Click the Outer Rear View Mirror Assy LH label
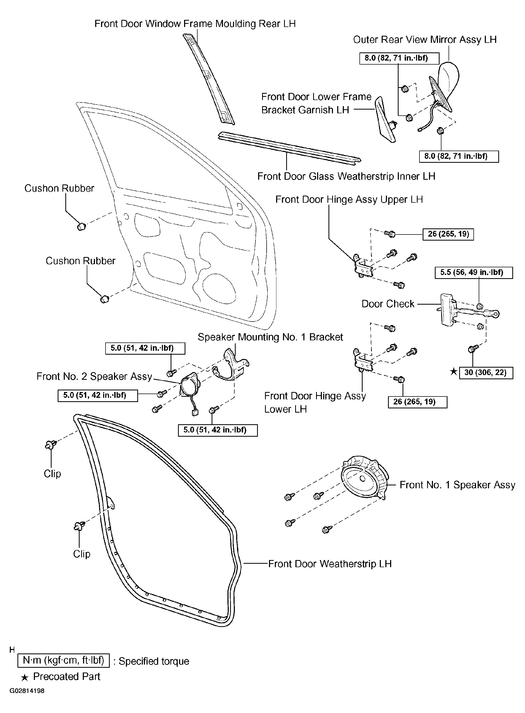[424, 40]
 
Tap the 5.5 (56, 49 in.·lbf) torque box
[473, 273]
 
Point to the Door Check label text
[388, 304]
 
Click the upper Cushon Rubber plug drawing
[81, 227]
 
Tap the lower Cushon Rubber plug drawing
[104, 299]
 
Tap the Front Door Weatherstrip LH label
[330, 564]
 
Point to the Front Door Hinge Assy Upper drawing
[363, 266]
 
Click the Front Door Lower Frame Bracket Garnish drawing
[385, 120]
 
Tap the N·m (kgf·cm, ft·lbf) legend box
[63, 661]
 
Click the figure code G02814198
[27, 691]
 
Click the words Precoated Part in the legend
[66, 676]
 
